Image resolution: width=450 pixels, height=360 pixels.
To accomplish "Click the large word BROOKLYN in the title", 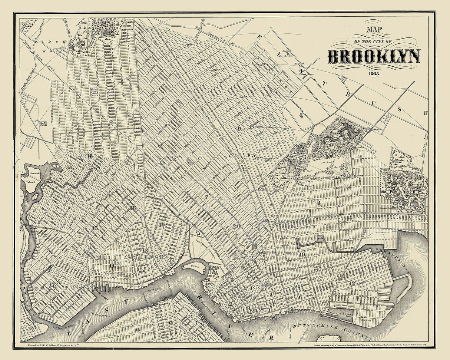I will point(374,56).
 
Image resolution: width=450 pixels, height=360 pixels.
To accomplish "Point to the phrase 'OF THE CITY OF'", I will point(374,41).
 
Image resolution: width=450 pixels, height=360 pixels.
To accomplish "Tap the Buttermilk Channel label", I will point(332,331).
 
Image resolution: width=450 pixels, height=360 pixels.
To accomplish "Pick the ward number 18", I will point(89,156).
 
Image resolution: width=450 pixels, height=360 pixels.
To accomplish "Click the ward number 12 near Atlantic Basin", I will point(352,283).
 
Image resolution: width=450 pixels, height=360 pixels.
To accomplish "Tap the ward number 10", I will point(302,254).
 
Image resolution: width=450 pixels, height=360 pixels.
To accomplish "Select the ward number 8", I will point(318,203).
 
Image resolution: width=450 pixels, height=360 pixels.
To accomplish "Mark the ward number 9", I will point(239,128).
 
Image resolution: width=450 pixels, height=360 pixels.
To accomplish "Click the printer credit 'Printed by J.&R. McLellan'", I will point(54,345).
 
